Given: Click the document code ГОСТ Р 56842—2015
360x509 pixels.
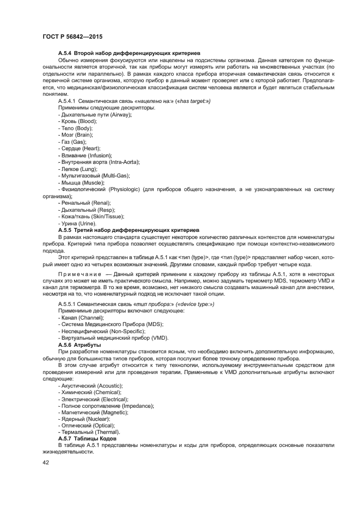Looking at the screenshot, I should click(x=72, y=36).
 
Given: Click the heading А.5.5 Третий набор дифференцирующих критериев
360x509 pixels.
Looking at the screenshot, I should click(x=129, y=230).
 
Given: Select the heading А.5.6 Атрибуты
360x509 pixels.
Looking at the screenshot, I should click(x=79, y=345).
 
